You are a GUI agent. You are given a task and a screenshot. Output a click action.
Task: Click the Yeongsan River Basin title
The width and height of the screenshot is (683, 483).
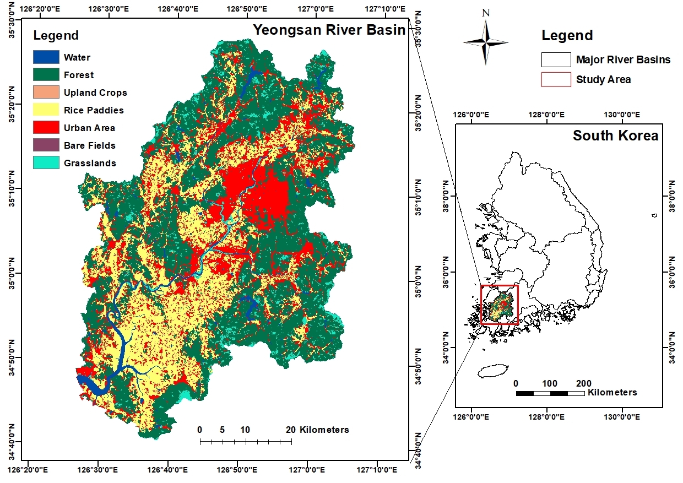coord(329,30)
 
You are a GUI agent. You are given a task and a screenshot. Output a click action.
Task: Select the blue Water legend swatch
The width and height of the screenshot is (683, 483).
coord(46,57)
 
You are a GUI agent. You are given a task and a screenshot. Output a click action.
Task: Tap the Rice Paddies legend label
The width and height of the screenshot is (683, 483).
coord(94,110)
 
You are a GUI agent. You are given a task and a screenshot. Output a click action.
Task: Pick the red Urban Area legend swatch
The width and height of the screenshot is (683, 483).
coord(46,127)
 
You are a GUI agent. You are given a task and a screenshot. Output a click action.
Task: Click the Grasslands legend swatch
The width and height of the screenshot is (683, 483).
coord(46,162)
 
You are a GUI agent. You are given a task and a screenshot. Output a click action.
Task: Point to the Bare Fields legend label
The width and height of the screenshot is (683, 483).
coord(89,145)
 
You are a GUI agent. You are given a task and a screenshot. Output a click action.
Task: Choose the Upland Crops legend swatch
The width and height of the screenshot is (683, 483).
coord(46,92)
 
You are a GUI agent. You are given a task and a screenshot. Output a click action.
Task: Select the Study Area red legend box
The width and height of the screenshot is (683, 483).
coord(556,79)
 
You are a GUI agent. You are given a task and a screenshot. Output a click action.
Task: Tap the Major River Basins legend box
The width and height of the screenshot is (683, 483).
coord(556,59)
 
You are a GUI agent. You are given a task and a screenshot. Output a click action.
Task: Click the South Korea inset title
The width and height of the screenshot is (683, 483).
coord(615,135)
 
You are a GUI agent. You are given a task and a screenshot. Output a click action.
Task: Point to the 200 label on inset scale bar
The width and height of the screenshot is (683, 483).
coord(584,383)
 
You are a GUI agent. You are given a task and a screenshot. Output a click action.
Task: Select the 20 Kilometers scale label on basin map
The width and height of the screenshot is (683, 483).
coord(317,430)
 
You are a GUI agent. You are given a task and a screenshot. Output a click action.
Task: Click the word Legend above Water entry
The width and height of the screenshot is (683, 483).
coord(56,36)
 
